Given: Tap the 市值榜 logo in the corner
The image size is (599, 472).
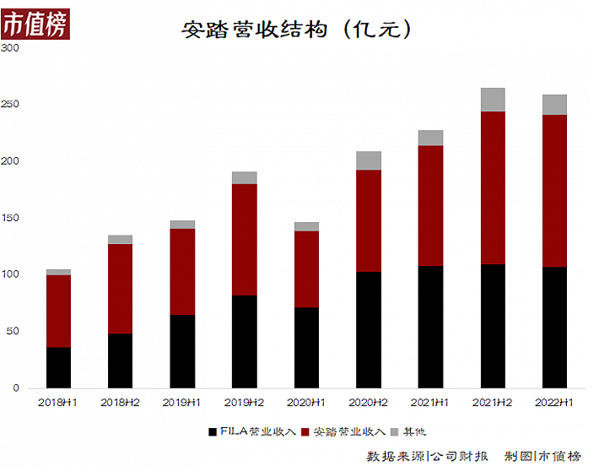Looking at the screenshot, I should point(35,23).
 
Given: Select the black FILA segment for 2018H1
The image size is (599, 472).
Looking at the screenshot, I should point(58,367).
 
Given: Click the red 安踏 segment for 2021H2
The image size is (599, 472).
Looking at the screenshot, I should point(493,187).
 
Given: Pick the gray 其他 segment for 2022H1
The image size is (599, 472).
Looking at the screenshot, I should point(554,104).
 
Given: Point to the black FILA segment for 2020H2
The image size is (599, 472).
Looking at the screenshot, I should point(369,329).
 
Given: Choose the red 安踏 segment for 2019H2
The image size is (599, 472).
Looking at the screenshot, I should point(245,239).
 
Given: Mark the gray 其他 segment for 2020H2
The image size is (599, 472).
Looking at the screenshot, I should point(369,160).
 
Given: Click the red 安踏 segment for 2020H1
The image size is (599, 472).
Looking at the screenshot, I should point(306,269).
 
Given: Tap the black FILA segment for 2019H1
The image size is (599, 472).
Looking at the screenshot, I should point(182,351).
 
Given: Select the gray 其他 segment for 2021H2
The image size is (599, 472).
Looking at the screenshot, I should point(493,99).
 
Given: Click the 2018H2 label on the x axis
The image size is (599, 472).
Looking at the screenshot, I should point(120,403).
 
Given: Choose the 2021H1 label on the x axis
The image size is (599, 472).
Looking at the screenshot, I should point(430,403).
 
